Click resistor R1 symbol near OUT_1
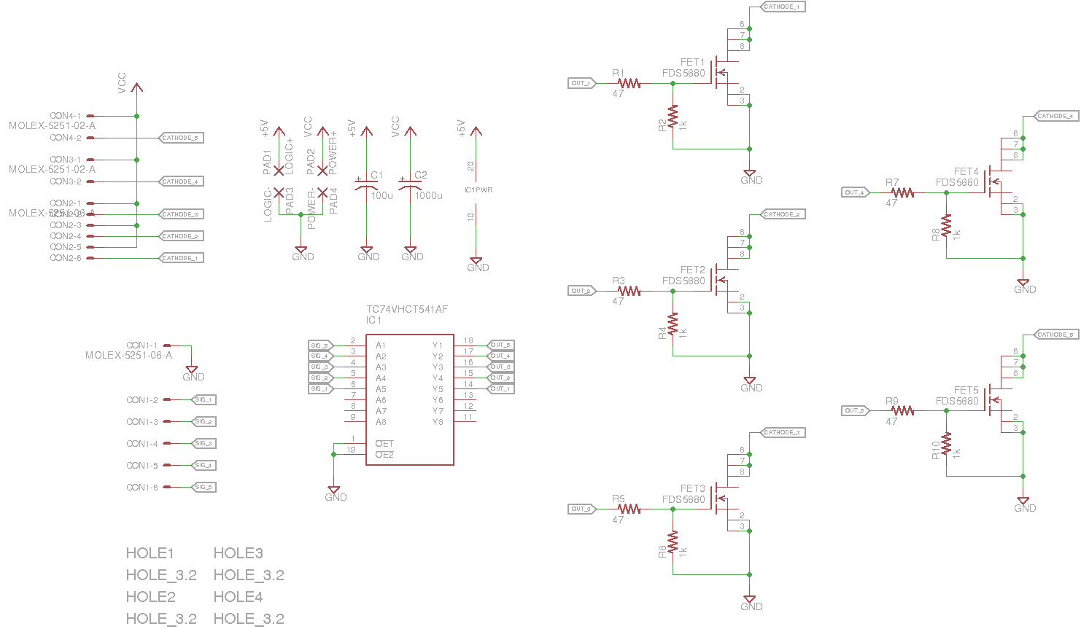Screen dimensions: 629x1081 point(629,83)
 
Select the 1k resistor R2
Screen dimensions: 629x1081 point(673,117)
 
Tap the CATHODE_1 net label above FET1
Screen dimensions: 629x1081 point(783,7)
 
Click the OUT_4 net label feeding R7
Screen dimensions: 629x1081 point(854,192)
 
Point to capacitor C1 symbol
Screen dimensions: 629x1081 point(366,183)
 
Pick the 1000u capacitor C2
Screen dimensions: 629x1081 point(410,183)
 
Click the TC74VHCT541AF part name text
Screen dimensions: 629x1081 point(406,309)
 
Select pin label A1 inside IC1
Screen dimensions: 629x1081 point(381,345)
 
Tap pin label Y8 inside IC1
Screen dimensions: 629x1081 point(438,422)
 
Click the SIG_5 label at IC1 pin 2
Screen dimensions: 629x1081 point(320,345)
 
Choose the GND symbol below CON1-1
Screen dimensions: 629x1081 point(191,371)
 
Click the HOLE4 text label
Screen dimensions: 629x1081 point(238,597)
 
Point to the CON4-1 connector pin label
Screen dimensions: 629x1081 point(65,116)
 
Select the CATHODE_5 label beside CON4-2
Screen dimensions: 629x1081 point(180,138)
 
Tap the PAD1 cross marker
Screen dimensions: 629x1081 point(279,171)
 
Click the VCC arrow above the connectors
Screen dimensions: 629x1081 point(136,87)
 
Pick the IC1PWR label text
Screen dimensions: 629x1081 point(478,190)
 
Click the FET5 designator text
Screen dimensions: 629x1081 point(966,390)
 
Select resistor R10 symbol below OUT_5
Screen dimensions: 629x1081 point(946,444)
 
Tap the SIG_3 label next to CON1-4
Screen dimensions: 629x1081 point(204,443)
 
